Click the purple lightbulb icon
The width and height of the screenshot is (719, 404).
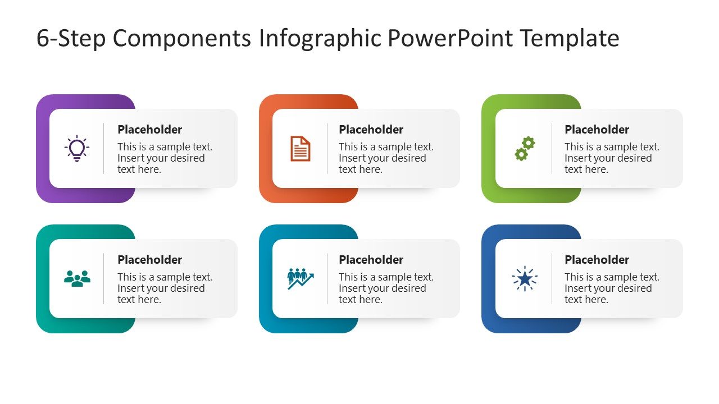tap(77, 149)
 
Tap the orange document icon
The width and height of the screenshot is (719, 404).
tap(300, 149)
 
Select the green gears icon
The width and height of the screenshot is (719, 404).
tap(525, 149)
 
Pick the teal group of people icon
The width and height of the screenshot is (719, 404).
tap(77, 278)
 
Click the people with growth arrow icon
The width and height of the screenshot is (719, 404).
tap(300, 278)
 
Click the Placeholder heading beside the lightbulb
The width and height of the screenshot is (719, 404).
tap(149, 130)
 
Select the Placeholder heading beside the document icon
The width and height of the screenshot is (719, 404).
tap(371, 130)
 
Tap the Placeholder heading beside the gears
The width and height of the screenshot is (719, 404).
tap(597, 130)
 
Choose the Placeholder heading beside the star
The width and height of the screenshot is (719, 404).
tap(597, 260)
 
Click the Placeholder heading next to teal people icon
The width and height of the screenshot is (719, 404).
tap(149, 260)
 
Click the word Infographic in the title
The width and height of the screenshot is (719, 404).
tap(320, 39)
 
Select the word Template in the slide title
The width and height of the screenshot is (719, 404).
tap(569, 39)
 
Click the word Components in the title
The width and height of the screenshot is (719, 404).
tap(182, 39)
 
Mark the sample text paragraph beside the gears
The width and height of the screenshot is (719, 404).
tap(612, 158)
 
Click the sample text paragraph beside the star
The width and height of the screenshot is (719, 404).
tap(612, 288)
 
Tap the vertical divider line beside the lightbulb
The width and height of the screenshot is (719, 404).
tap(104, 149)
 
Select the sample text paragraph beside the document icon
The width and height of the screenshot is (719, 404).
tap(386, 158)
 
